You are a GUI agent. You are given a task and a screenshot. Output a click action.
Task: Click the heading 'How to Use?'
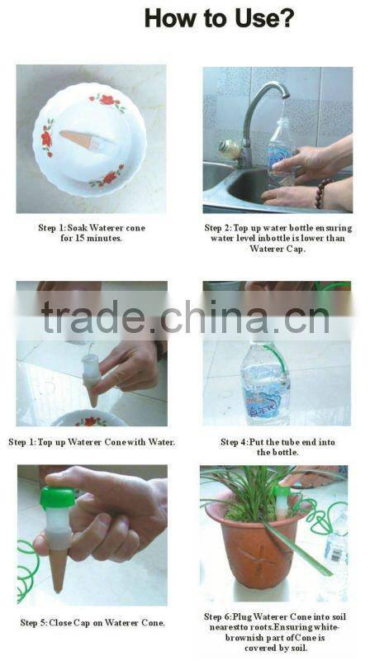[x=219, y=18]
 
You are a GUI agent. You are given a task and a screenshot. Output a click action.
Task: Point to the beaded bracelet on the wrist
[x=325, y=193]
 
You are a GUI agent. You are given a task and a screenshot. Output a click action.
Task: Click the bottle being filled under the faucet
[x=281, y=149]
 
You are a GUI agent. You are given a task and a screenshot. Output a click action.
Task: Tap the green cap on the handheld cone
[x=58, y=496]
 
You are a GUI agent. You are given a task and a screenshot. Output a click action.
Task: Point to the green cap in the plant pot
[x=283, y=495]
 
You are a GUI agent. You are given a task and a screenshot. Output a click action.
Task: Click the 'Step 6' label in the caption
[x=223, y=616]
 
